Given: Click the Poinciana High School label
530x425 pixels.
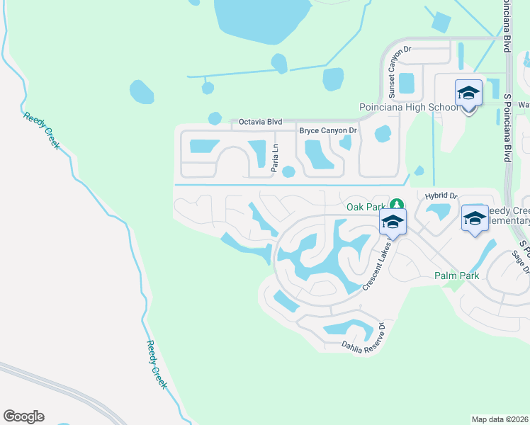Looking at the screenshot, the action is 409,108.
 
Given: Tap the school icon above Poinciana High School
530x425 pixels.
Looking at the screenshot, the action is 468,93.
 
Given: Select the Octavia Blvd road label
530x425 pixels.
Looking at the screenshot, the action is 256,122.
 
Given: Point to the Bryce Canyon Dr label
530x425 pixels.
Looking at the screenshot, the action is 328,131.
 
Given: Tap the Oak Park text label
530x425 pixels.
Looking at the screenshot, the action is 364,207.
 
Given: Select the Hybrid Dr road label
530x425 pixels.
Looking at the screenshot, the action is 442,196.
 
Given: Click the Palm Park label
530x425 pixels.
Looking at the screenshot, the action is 457,276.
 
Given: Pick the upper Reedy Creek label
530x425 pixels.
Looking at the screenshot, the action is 42,131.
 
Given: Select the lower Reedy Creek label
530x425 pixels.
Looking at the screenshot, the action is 157,364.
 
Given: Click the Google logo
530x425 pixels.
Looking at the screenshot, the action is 23,416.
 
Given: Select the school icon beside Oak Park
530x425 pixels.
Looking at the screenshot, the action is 393,222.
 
